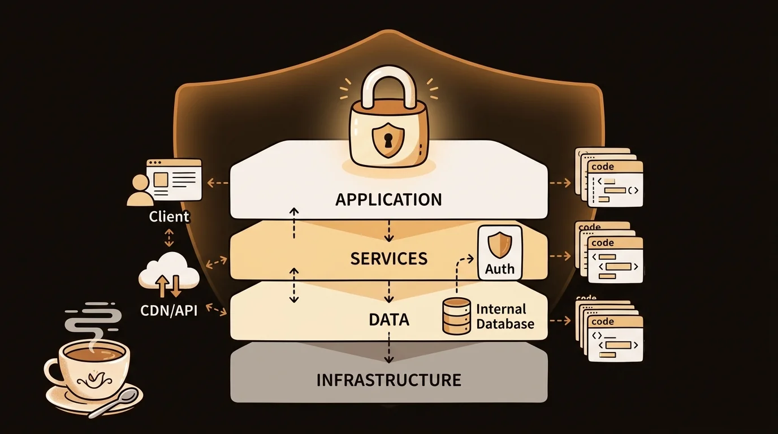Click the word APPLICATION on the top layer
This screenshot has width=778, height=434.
pyautogui.click(x=388, y=199)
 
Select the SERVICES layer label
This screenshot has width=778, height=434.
pyautogui.click(x=388, y=259)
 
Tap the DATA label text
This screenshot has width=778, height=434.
pyautogui.click(x=388, y=320)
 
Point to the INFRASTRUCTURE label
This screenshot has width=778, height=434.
pyautogui.click(x=388, y=380)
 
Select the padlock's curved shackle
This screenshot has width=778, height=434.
pyautogui.click(x=388, y=88)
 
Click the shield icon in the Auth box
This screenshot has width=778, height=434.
pyautogui.click(x=500, y=246)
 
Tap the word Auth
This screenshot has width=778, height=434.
pyautogui.click(x=500, y=268)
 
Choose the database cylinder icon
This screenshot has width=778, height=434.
pyautogui.click(x=456, y=316)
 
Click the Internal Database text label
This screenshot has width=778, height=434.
pyautogui.click(x=505, y=316)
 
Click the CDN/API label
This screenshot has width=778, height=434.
pyautogui.click(x=169, y=310)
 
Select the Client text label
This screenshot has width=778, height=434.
pyautogui.click(x=169, y=216)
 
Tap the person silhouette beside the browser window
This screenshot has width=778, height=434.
pyautogui.click(x=140, y=190)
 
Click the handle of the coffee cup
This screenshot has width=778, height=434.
pyautogui.click(x=53, y=371)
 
